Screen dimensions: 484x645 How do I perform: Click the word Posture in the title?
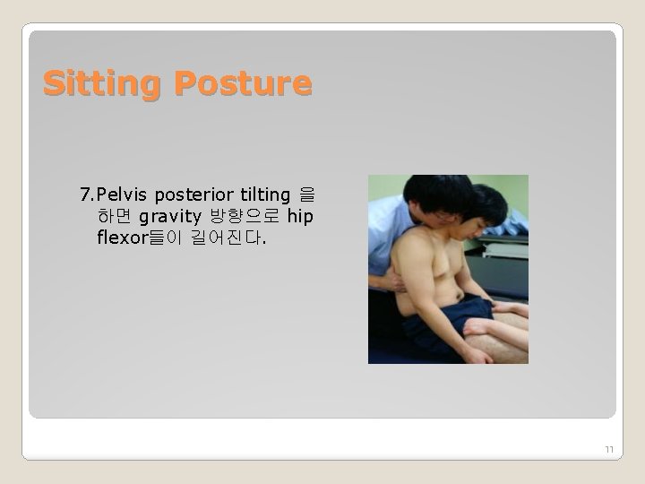point(242,84)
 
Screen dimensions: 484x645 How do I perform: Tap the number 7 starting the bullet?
point(85,194)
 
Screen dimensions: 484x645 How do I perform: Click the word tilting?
point(265,194)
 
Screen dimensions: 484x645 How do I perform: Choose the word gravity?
point(170,217)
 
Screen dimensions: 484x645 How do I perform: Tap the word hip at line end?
point(300,217)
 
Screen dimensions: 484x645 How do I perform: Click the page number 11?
point(608,449)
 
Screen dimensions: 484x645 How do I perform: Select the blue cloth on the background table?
point(515,228)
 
